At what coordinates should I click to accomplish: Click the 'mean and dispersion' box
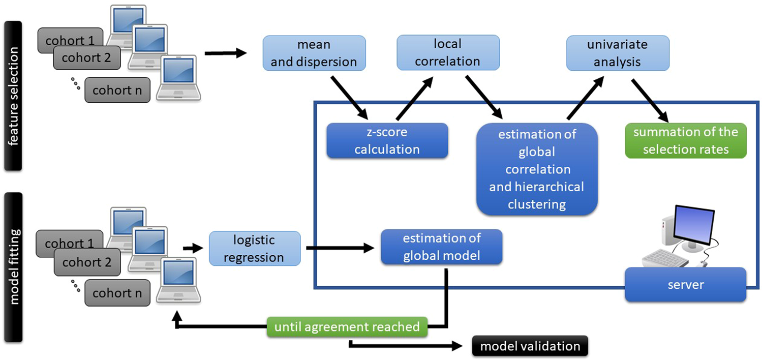pos(314,53)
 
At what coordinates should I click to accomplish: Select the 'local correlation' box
pos(448,52)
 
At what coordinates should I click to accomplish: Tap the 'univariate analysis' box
pos(617,53)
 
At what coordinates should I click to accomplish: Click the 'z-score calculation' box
pos(387,140)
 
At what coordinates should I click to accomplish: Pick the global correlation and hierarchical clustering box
pos(536,168)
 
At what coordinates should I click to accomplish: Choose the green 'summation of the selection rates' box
pos(685,140)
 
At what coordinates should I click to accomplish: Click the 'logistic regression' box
pos(255,248)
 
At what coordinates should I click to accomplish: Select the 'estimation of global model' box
pos(441,247)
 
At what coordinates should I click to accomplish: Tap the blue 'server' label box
pos(685,284)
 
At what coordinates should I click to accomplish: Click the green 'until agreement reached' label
pos(347,326)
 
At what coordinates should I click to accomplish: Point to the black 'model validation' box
pos(530,346)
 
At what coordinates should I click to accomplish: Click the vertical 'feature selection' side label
pos(13,95)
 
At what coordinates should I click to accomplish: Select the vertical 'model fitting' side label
pos(13,267)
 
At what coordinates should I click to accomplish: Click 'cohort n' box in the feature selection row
pos(117,90)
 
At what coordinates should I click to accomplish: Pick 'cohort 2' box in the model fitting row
pos(86,262)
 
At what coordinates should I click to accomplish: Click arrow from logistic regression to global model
pos(341,249)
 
